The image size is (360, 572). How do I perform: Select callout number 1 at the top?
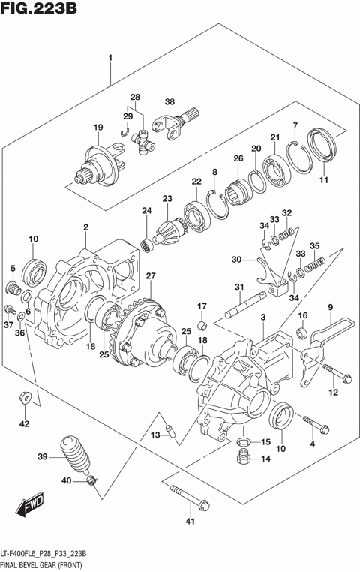(x=110, y=58)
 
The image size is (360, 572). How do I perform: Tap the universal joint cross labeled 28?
(x=144, y=139)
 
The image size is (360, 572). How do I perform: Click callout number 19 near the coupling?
(x=97, y=128)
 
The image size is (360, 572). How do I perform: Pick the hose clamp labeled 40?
(x=91, y=481)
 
